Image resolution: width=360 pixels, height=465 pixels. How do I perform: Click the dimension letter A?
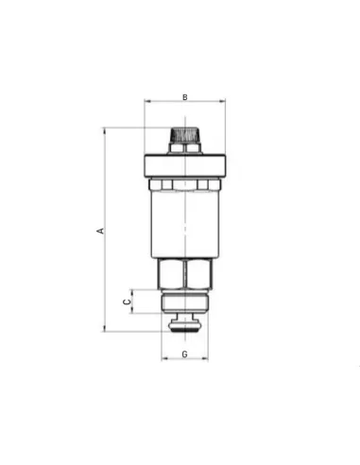click(x=100, y=231)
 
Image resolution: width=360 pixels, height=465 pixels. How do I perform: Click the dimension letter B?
click(x=185, y=97)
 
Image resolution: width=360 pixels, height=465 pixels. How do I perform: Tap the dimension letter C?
click(x=127, y=301)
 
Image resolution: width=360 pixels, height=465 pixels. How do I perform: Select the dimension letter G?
click(x=185, y=354)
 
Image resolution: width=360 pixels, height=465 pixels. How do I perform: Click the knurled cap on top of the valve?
click(x=185, y=135)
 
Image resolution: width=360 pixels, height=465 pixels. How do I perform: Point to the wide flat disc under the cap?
click(x=185, y=165)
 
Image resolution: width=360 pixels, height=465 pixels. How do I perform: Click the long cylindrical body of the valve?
click(x=185, y=224)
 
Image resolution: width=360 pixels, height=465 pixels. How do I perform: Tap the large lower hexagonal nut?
click(x=185, y=274)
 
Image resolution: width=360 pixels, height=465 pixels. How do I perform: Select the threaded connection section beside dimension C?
click(x=185, y=301)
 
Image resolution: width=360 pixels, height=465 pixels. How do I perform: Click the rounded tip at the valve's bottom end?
click(x=185, y=326)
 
